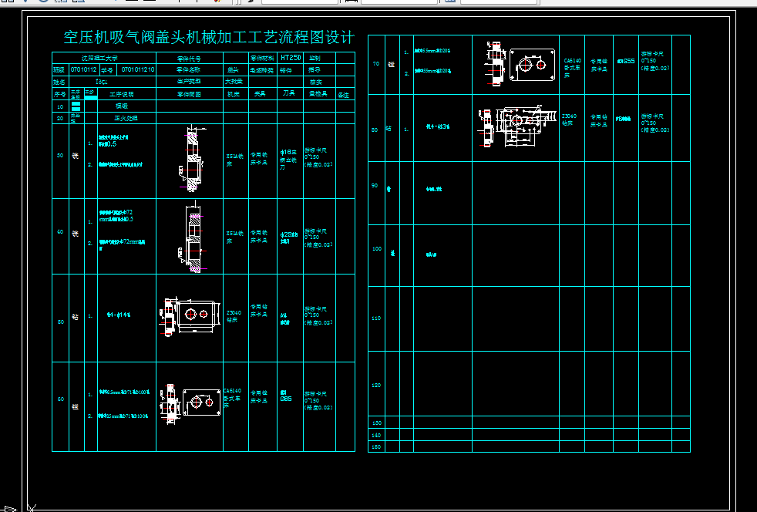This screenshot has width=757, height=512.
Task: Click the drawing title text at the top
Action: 209,38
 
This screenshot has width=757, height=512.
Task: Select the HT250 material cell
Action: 290,58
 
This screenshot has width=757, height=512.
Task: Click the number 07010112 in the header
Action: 83,69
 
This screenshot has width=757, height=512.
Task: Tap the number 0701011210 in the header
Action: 139,69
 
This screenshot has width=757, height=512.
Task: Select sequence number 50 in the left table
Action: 60,322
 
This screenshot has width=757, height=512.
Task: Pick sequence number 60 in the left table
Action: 60,399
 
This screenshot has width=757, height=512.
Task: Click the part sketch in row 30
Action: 190,160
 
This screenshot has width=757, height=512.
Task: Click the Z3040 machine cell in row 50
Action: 234,317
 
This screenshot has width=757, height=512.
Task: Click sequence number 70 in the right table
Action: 375,64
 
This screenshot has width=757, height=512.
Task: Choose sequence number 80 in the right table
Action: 375,130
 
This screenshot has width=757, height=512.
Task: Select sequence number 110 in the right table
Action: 376,318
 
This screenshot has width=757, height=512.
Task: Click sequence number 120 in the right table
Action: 376,384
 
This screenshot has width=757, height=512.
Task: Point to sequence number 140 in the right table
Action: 376,436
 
